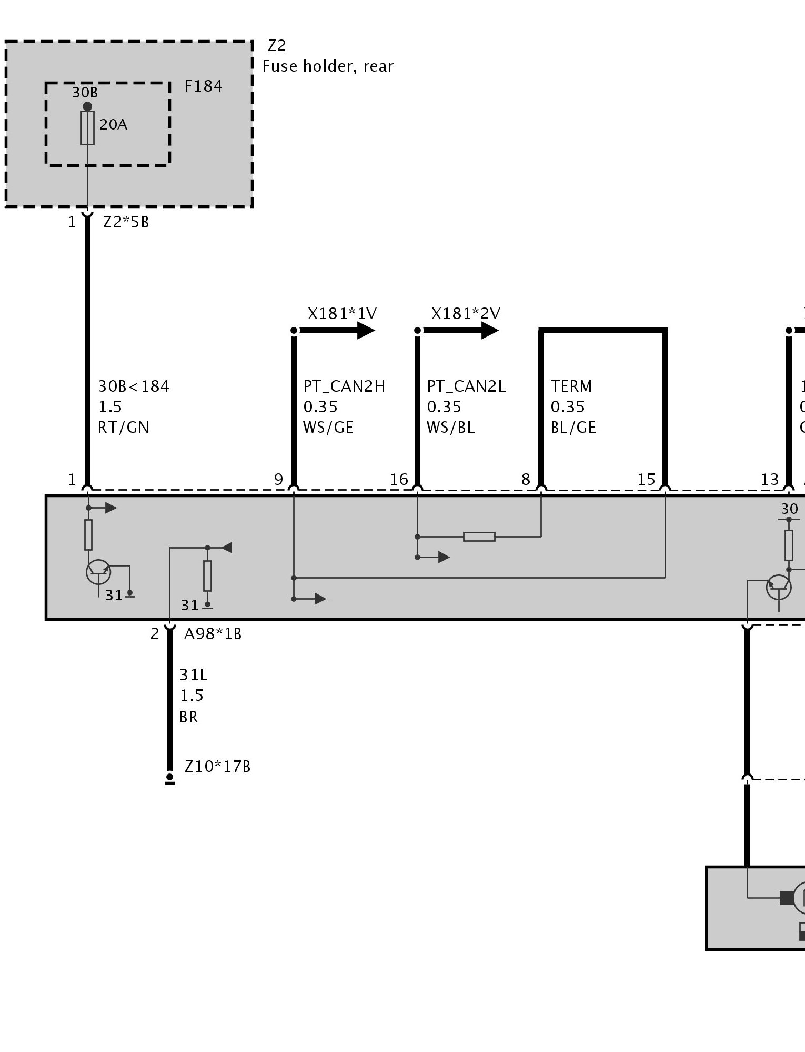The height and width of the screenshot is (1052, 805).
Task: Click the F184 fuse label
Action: tap(203, 86)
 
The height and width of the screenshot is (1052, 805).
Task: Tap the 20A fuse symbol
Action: tap(87, 127)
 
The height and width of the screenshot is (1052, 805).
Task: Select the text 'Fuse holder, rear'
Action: tap(328, 66)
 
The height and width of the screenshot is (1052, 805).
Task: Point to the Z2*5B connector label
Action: tap(126, 222)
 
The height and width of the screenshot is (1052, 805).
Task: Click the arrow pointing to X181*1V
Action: tap(337, 331)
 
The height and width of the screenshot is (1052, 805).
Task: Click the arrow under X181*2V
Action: tap(460, 331)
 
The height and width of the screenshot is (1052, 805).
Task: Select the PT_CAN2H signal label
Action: tap(344, 386)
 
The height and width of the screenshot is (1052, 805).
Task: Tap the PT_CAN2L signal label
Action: tap(466, 386)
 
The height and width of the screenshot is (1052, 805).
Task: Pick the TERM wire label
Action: tap(571, 386)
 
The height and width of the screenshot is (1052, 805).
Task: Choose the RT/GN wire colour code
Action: tap(124, 427)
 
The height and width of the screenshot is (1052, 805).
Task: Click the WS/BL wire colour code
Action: tap(451, 427)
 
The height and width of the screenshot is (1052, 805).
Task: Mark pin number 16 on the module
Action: tap(399, 479)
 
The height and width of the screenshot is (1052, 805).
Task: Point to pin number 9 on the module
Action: tap(278, 479)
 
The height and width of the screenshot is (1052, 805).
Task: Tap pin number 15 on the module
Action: tap(646, 479)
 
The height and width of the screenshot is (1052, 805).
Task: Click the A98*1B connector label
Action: tap(213, 634)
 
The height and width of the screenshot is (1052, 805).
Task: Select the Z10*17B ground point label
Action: tap(217, 767)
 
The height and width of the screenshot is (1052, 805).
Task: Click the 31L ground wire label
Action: tap(194, 675)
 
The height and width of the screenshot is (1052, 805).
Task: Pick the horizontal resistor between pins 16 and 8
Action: tap(479, 537)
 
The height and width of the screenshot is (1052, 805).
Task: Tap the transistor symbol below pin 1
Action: tap(98, 572)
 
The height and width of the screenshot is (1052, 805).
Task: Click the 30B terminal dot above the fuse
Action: tap(87, 107)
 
